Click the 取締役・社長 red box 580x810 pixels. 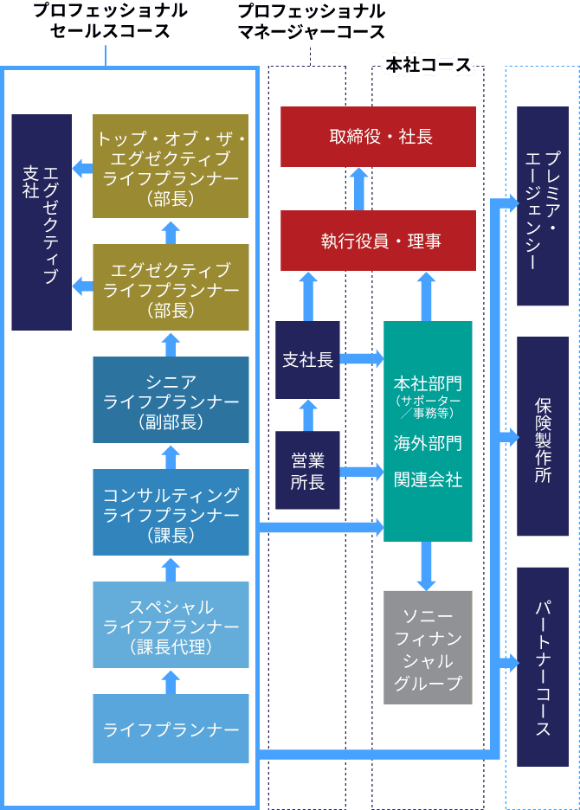coord(377,137)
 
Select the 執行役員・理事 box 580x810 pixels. coord(377,241)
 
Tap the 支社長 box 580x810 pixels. coord(307,360)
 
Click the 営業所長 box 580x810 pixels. coord(307,470)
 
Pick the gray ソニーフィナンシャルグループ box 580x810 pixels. coord(428,646)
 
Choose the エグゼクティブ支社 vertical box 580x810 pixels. coord(42,222)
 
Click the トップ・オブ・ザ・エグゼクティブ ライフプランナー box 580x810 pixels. coord(171,166)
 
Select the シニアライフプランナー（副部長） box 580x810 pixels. coord(171,400)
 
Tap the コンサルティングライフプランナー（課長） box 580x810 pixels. coord(171,512)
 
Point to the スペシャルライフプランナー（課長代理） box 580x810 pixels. coord(171,625)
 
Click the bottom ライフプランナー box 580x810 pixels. coord(171,729)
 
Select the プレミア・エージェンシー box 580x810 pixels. coord(543,206)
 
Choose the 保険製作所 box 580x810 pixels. coord(543,436)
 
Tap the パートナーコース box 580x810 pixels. coord(543,666)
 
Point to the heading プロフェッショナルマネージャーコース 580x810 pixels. coord(311,22)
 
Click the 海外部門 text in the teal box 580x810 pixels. coord(428,443)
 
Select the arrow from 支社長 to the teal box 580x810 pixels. coord(362,358)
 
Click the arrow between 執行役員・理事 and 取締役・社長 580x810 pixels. coord(358,189)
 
